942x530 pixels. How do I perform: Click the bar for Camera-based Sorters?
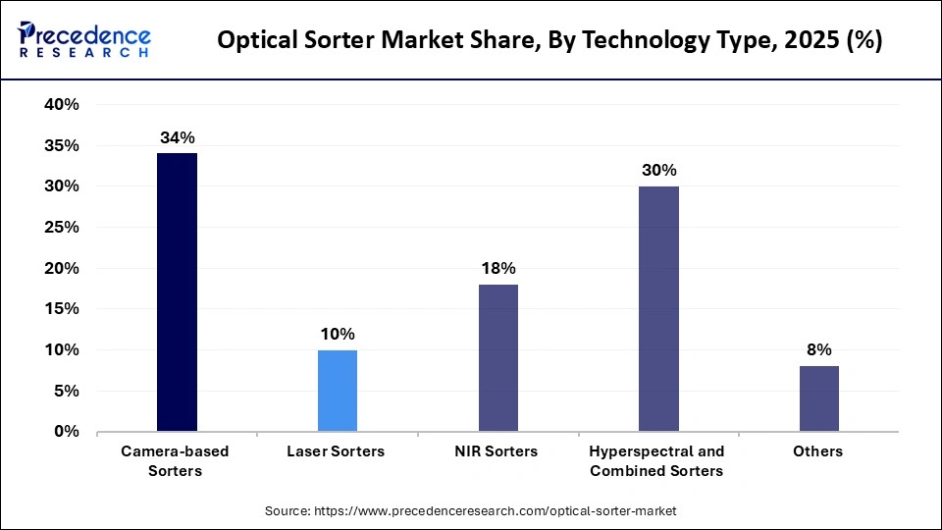tap(177, 291)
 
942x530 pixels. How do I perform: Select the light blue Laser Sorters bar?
tap(338, 390)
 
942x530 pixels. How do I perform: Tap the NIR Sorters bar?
tap(497, 357)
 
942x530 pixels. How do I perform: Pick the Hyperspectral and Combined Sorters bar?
tap(658, 308)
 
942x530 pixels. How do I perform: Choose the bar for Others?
tap(819, 398)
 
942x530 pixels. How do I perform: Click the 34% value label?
tap(177, 137)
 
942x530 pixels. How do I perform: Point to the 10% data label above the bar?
tap(338, 334)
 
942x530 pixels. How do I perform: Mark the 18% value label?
tap(497, 268)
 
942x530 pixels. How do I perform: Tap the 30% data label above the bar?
tap(658, 170)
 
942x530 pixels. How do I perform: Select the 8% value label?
tap(819, 349)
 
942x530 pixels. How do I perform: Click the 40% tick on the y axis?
tap(61, 105)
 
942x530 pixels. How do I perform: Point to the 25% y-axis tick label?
tap(61, 228)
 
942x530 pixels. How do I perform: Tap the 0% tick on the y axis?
tap(66, 432)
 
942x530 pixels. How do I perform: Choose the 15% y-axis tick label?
tap(61, 309)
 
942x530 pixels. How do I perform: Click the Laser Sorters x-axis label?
tap(337, 451)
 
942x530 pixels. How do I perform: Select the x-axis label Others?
tap(819, 451)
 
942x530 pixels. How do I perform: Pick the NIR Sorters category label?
tap(497, 451)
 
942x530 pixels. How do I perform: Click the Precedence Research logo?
tap(84, 39)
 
